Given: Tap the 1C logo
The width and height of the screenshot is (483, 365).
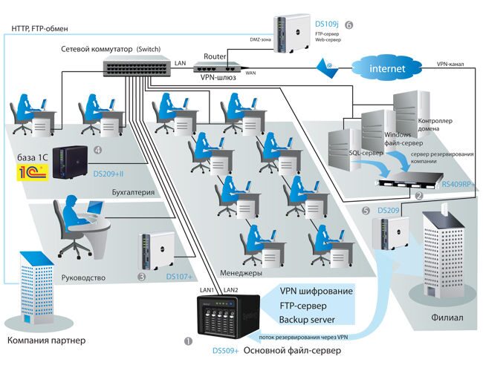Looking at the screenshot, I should (x=33, y=173).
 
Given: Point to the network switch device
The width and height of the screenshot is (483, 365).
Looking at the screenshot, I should (x=135, y=68).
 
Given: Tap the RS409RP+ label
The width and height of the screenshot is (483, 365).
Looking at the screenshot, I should (x=457, y=184).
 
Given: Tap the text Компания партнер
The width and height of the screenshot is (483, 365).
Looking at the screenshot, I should (x=46, y=341).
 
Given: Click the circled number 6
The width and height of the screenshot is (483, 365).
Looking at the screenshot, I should (x=349, y=24).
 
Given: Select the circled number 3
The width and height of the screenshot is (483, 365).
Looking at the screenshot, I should (x=142, y=278).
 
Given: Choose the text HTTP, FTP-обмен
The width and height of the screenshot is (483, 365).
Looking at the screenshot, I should (x=40, y=29).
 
